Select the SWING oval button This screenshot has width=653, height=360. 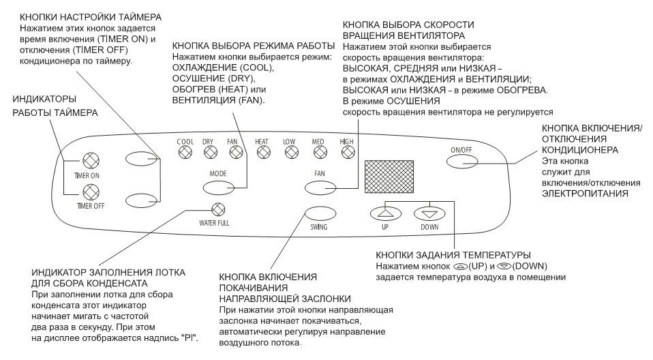tap(319, 211)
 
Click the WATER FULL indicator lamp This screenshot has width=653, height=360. tap(218, 211)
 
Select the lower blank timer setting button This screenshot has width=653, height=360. tap(140, 200)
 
